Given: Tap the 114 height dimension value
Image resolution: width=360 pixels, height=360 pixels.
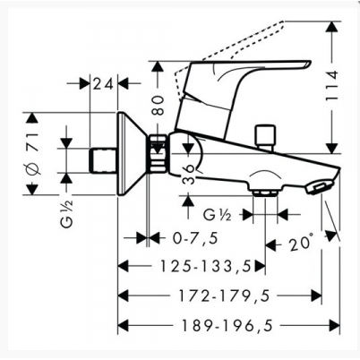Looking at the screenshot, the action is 331,87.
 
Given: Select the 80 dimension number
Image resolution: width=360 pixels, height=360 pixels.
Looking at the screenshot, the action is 159,106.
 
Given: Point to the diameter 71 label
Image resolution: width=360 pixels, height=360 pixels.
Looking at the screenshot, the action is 33,154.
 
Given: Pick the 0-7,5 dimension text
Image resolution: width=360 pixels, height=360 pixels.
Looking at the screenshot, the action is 195,238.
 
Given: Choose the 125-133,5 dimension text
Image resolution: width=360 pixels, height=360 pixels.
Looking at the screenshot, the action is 206,266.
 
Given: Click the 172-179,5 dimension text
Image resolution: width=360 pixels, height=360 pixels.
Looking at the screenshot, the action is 224,296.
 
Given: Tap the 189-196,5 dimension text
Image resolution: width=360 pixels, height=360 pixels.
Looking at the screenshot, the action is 227,325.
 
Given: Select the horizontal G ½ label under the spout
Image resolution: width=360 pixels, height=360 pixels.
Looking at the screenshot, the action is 218,215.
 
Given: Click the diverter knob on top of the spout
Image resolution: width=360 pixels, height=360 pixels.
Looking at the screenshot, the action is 264,136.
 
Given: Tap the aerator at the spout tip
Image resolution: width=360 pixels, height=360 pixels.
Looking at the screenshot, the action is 319,187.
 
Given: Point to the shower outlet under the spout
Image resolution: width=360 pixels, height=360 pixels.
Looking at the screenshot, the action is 264,191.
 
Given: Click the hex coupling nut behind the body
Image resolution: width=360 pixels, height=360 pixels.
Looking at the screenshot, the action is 158,153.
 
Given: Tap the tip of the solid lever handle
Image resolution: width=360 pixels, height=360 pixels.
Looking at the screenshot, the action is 309,64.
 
